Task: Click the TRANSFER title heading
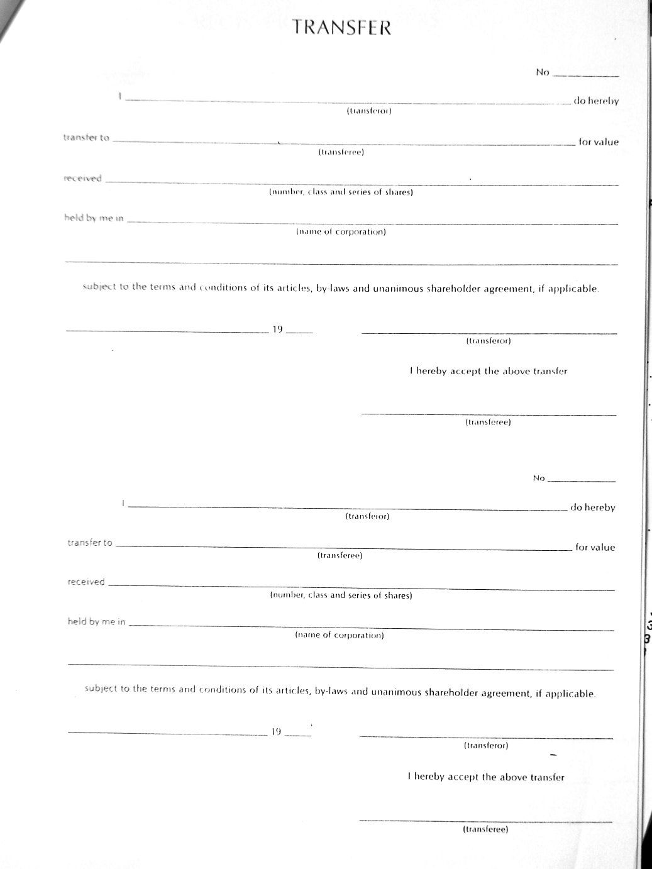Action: tap(342, 28)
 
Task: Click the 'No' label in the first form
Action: tap(543, 72)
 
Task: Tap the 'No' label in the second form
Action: tap(539, 479)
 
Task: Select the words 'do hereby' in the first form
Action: tap(596, 101)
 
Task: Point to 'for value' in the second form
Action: tap(595, 547)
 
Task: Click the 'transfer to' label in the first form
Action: tap(86, 138)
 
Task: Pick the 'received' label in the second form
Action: tap(86, 582)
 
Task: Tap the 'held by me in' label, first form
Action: tap(94, 218)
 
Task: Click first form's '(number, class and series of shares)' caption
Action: tap(341, 192)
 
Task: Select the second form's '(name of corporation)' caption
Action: tap(340, 634)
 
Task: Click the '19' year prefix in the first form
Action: tap(277, 329)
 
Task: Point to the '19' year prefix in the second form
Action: tap(276, 731)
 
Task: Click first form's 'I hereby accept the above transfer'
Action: tap(489, 371)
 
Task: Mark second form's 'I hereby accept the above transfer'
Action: tap(486, 777)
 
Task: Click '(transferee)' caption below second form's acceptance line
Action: tap(485, 829)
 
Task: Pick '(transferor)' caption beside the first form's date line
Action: tap(489, 341)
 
